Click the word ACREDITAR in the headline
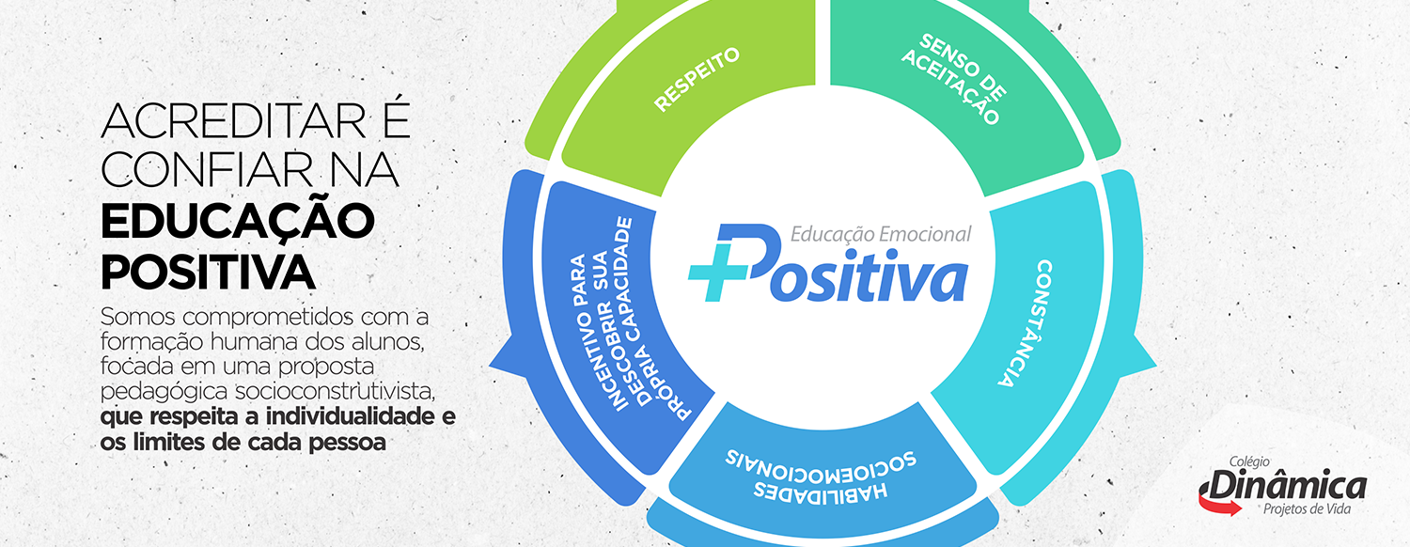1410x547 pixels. pos(233,120)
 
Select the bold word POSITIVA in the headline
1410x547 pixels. pos(208,272)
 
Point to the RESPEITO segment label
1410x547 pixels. pos(697,79)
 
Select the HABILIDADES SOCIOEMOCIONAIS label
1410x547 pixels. pos(821,474)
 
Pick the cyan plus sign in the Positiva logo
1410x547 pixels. pos(717,272)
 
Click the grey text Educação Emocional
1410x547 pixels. pos(881,234)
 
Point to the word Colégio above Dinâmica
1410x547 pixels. pos(1249,462)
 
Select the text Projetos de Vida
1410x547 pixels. pos(1307,508)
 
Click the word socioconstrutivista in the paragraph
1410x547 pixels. pos(335,391)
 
